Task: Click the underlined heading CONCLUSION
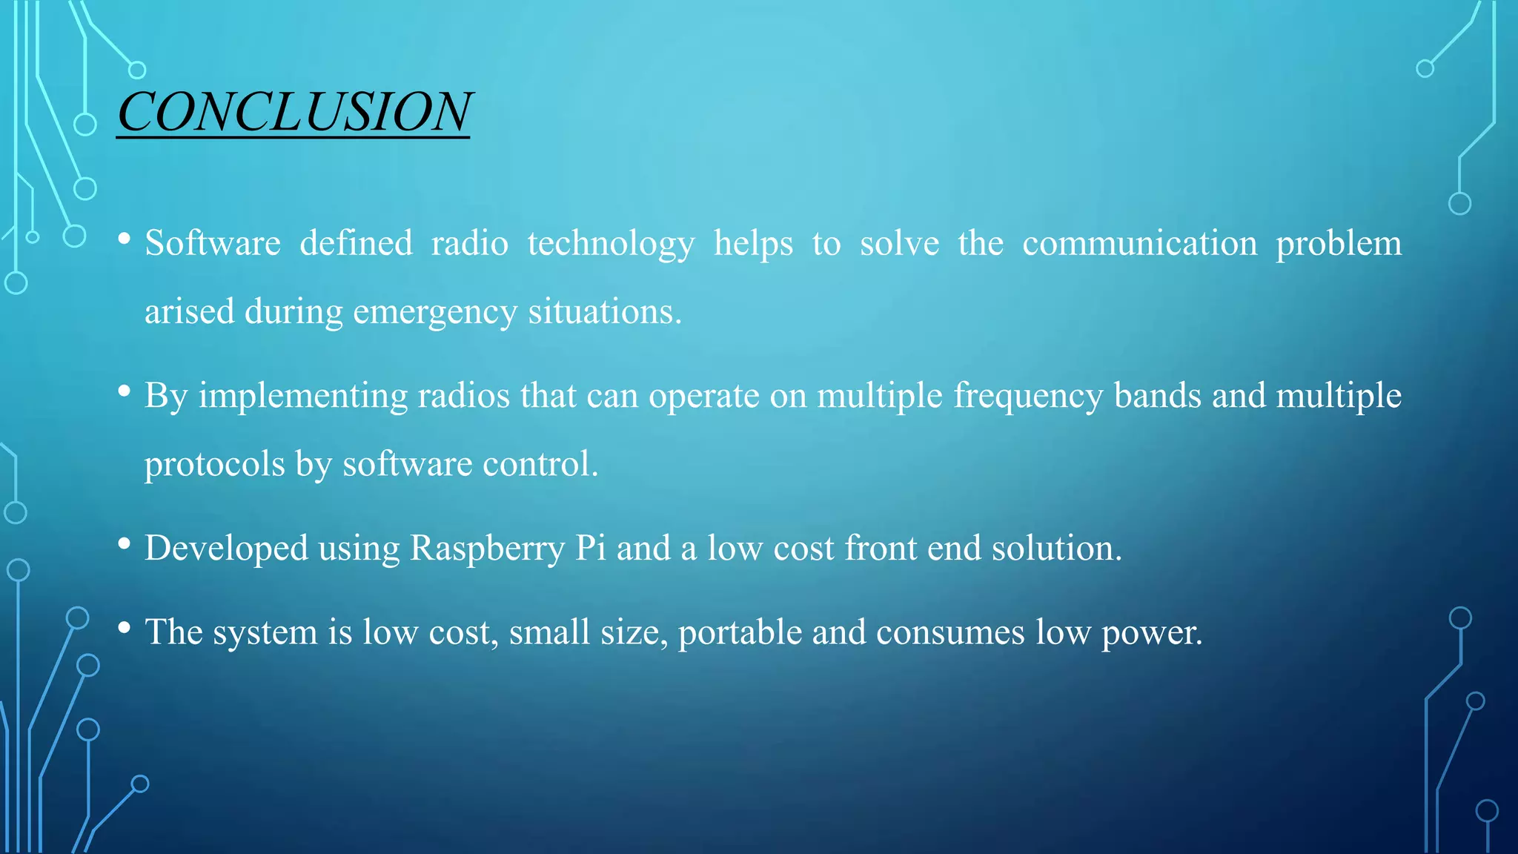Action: click(x=294, y=113)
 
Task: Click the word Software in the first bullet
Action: click(x=213, y=243)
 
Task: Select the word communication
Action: click(x=1139, y=243)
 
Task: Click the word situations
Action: click(x=604, y=311)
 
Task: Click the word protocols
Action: click(x=214, y=466)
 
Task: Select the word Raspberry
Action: click(x=487, y=549)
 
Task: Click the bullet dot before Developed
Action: click(x=125, y=544)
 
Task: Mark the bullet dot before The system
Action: click(x=125, y=628)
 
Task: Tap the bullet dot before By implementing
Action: click(x=125, y=391)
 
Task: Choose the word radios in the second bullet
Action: click(x=463, y=395)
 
